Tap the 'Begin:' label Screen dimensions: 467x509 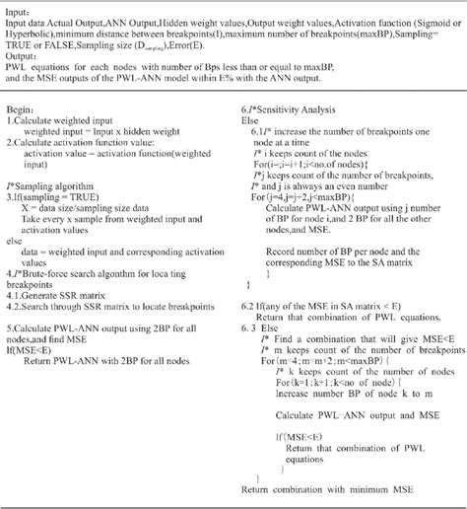22,105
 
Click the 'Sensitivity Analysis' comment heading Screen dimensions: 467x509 293,105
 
